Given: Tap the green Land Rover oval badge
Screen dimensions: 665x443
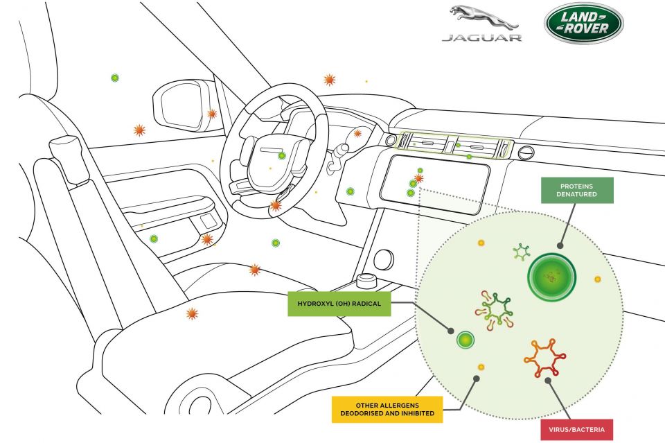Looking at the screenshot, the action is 583,23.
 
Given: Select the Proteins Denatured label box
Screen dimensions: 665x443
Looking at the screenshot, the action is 577,190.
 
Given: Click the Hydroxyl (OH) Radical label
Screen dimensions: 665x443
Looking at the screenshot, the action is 339,304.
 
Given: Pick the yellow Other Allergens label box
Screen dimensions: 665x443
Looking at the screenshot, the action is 387,409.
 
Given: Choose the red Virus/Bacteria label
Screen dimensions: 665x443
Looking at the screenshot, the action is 576,429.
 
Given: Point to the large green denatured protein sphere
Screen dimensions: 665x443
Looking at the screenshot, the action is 551,277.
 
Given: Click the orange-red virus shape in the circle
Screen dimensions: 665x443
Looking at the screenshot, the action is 544,358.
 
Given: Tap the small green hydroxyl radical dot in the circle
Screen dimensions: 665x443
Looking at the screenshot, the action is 465,340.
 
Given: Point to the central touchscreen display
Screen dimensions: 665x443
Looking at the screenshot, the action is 435,184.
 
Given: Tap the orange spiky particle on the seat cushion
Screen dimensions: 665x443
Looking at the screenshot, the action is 192,313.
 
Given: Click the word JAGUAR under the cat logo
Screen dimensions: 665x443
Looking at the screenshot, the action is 482,37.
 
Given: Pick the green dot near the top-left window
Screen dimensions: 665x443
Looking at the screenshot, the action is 114,78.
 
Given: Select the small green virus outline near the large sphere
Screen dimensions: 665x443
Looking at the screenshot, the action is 521,252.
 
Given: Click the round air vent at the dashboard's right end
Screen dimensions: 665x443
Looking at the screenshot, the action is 526,153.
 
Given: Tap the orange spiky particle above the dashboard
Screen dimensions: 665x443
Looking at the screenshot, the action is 330,79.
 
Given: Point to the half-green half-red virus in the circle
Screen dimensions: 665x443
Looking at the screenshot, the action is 495,310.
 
